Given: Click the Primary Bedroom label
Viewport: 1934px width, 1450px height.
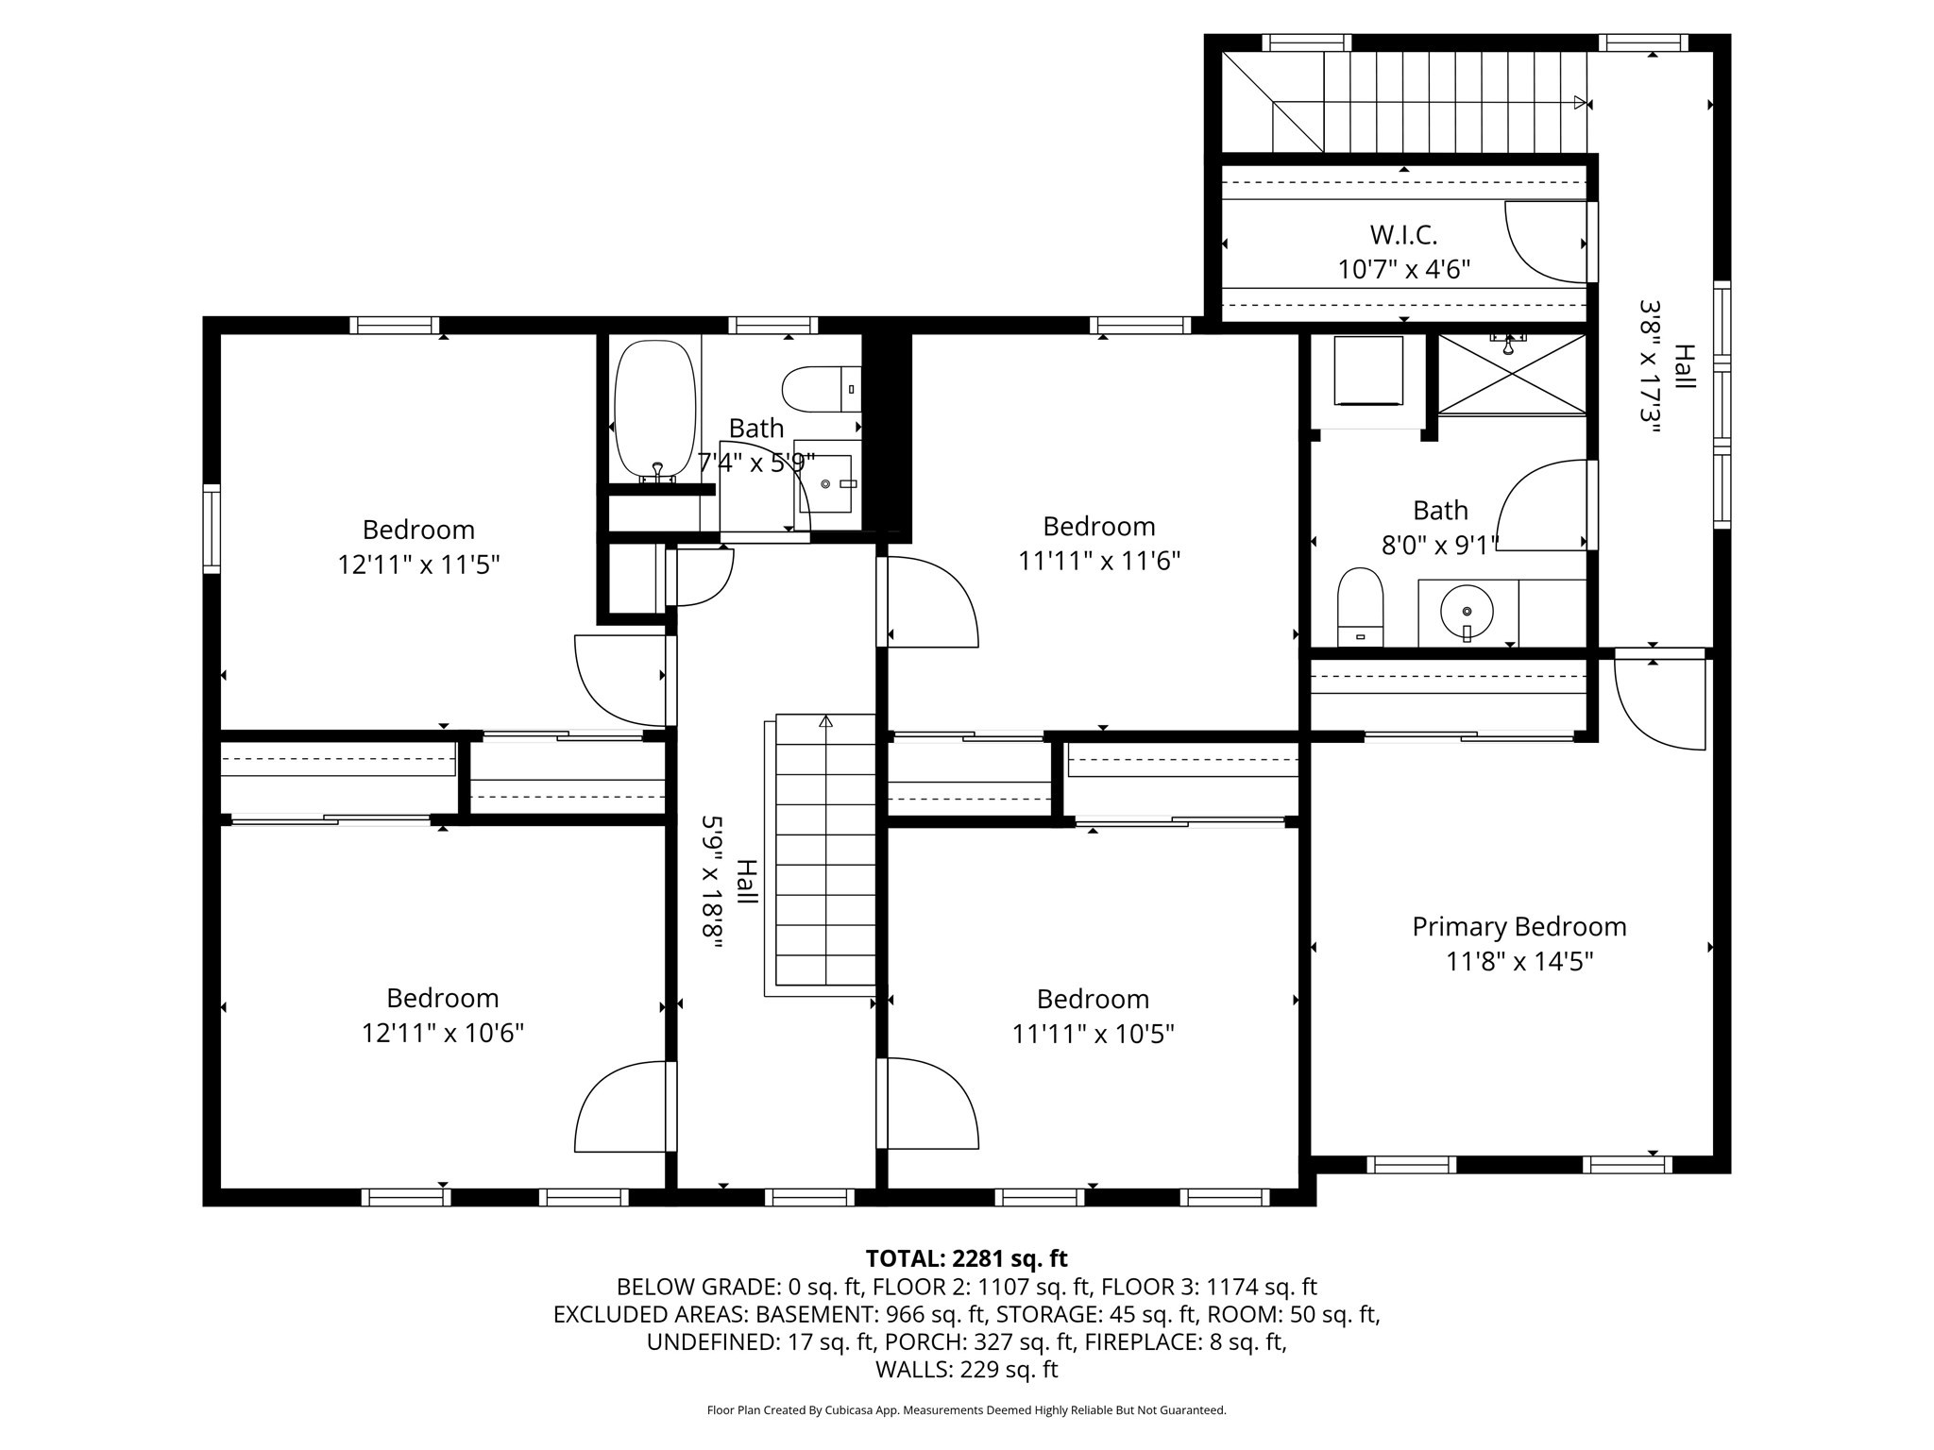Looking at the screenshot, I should [x=1518, y=926].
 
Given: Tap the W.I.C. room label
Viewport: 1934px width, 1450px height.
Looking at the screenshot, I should [x=1403, y=234].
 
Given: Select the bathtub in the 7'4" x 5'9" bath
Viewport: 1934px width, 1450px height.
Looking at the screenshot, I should [x=655, y=412].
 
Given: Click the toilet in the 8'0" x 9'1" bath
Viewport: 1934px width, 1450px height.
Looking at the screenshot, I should [x=1360, y=608].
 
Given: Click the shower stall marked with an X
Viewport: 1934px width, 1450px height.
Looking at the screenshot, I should [x=1512, y=374].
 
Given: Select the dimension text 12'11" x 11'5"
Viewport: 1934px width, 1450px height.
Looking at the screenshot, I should [x=418, y=565].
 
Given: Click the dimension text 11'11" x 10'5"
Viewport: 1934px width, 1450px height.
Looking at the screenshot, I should [x=1093, y=1034].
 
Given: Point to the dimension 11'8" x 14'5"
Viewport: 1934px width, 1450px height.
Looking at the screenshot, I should [x=1518, y=961].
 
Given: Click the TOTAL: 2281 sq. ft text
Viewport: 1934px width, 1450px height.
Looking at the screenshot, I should [x=966, y=1258].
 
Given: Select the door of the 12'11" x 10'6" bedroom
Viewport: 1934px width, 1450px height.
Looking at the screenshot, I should [x=623, y=1106].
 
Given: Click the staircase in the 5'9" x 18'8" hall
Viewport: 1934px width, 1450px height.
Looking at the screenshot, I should [x=824, y=854].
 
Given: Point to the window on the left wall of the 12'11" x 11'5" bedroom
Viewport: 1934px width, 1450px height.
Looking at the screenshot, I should [x=212, y=529].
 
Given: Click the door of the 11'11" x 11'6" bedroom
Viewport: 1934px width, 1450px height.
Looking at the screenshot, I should [x=930, y=602].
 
